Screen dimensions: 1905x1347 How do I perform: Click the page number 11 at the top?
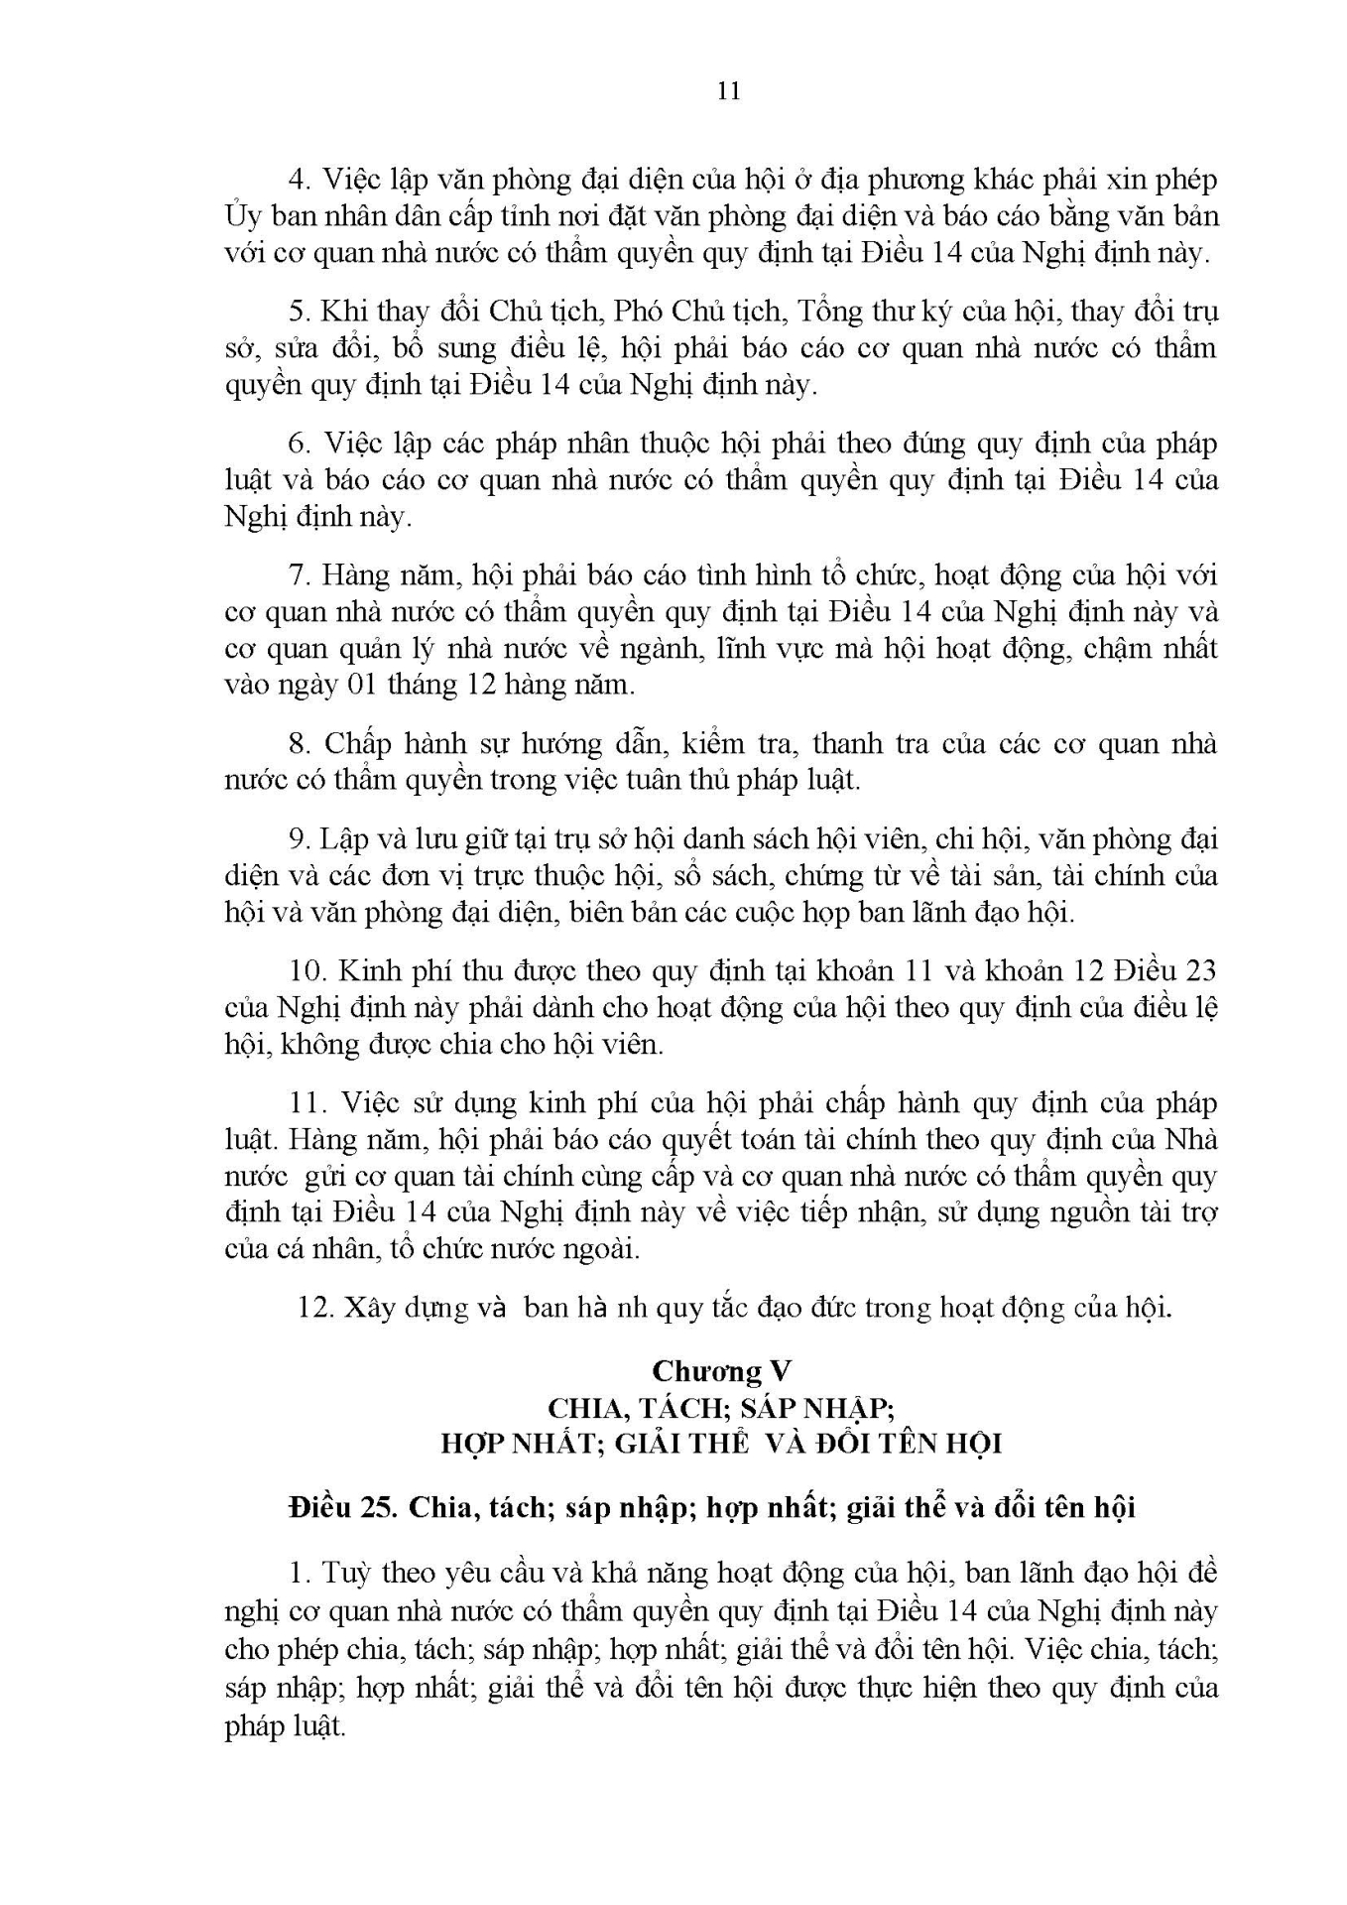tap(727, 91)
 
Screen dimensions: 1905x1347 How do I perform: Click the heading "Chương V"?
tap(721, 1370)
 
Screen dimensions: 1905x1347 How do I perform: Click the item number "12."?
tap(314, 1307)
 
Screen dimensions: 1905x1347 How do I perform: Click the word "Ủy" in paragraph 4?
tap(242, 216)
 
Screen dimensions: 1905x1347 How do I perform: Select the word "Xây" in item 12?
tap(367, 1307)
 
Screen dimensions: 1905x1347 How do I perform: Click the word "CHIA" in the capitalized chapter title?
tap(583, 1407)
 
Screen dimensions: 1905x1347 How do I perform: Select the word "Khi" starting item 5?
tap(341, 312)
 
